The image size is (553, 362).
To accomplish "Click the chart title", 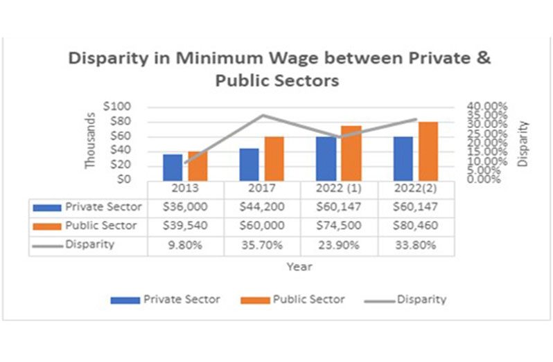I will [279, 69].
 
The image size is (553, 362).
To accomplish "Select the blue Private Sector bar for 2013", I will [173, 167].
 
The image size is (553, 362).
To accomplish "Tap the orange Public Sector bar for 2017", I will [275, 159].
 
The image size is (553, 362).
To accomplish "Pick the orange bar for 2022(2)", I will [428, 151].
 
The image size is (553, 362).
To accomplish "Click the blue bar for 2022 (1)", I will [326, 159].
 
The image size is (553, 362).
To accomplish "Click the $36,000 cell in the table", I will [186, 207].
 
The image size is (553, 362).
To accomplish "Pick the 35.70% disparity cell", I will [262, 244].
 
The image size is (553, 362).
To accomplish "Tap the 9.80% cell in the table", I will [186, 244].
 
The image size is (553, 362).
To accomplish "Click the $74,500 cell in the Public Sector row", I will [339, 226].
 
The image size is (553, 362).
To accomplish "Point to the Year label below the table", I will [300, 266].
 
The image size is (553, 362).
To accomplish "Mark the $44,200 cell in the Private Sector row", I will [262, 207].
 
